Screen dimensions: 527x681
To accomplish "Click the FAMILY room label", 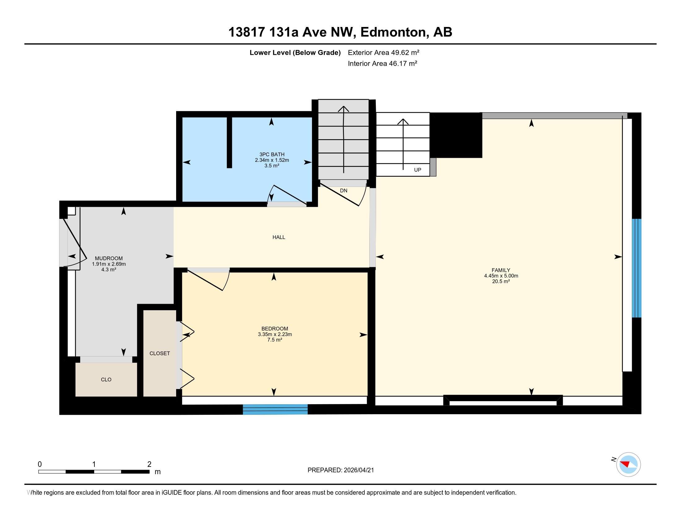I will click(x=501, y=270).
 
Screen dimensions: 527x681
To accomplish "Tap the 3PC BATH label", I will click(x=271, y=154).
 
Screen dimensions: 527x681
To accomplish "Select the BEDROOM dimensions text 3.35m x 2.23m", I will click(x=275, y=334).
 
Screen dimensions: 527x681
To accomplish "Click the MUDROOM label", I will click(x=109, y=258).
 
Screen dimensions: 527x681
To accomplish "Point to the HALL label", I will click(x=279, y=237).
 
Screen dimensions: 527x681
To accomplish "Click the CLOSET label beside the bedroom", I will click(x=160, y=353).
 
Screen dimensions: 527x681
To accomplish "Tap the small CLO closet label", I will click(x=106, y=380).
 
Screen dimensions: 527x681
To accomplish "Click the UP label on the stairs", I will click(x=417, y=170).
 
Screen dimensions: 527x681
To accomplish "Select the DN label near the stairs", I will click(x=343, y=190).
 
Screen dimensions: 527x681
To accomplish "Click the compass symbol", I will click(x=628, y=464).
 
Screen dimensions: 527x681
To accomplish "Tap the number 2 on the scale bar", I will click(x=150, y=464).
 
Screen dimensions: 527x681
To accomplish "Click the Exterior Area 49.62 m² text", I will click(x=383, y=52).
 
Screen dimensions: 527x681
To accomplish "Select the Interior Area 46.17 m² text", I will click(x=382, y=63).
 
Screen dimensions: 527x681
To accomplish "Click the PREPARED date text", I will click(x=340, y=470).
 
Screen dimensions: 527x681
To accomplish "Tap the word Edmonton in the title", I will click(x=393, y=32).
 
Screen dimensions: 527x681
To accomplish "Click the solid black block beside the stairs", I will click(x=456, y=135).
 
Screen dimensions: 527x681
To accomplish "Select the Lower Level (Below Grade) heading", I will click(x=295, y=52).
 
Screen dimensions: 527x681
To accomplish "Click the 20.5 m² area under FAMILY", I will click(x=501, y=281).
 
